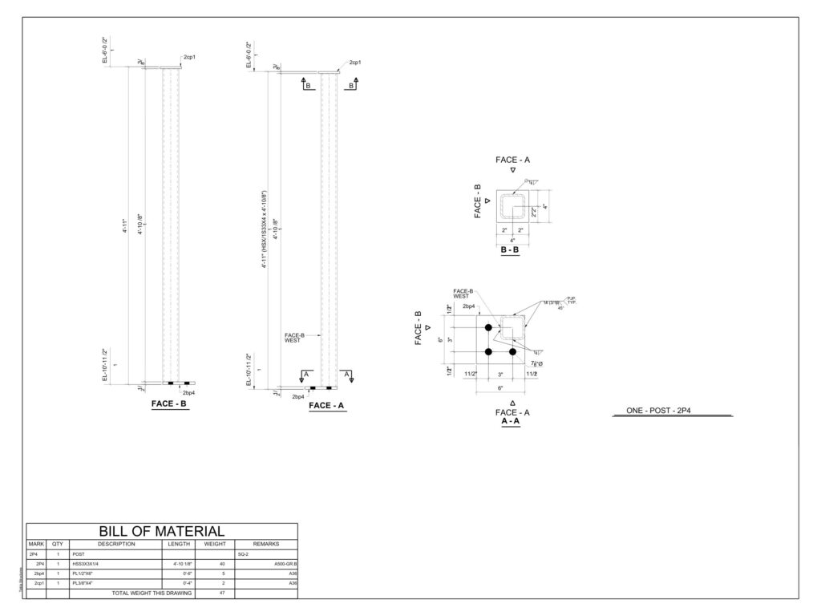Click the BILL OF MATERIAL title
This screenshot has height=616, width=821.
click(x=161, y=531)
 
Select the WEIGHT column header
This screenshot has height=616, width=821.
click(x=214, y=544)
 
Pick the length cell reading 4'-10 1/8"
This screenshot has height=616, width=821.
click(x=178, y=564)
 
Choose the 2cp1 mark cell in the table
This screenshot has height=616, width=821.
click(x=36, y=583)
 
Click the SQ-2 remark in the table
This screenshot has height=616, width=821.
click(x=243, y=554)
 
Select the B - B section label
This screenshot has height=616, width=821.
click(x=509, y=249)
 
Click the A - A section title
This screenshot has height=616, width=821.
click(x=510, y=420)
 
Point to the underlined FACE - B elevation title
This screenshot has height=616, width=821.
click(x=169, y=405)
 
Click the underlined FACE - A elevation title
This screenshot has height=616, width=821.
click(x=326, y=406)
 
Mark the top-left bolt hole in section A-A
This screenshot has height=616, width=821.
click(x=487, y=327)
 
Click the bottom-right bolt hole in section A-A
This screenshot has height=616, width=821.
click(x=512, y=352)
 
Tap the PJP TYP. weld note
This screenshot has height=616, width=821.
click(x=572, y=301)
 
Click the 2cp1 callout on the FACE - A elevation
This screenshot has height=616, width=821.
click(x=354, y=63)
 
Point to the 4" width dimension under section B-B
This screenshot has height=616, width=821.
click(x=512, y=240)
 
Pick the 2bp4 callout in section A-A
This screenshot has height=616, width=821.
click(x=469, y=306)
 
